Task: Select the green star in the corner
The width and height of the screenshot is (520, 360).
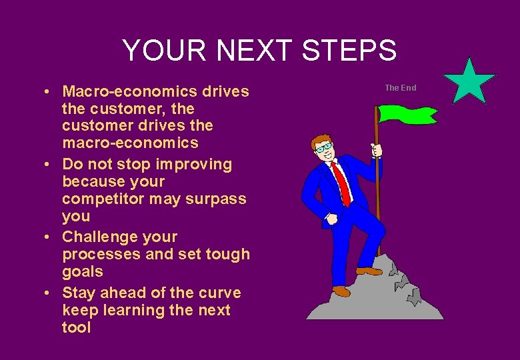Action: pos(469,82)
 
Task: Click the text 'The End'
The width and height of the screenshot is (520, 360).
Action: pos(400,88)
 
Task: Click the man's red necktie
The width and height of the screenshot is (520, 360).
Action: pos(341,183)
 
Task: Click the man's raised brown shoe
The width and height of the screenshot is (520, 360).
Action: pos(369,271)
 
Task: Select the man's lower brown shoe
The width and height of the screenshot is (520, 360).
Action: pos(341,291)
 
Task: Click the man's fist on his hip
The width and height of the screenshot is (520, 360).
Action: pos(331,219)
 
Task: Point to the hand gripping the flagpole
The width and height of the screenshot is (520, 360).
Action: pos(377,150)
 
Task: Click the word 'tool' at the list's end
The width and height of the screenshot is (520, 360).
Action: pos(76,327)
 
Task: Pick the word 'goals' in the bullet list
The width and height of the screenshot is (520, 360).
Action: pos(83,271)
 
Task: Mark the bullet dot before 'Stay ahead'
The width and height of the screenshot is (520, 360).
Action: pos(50,293)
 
